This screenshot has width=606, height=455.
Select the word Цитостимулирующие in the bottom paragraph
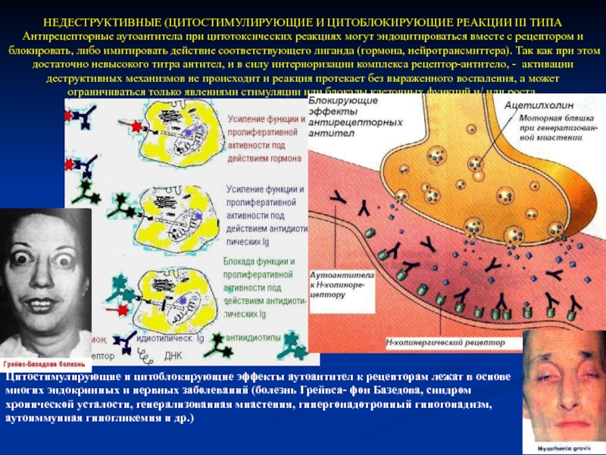53,377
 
